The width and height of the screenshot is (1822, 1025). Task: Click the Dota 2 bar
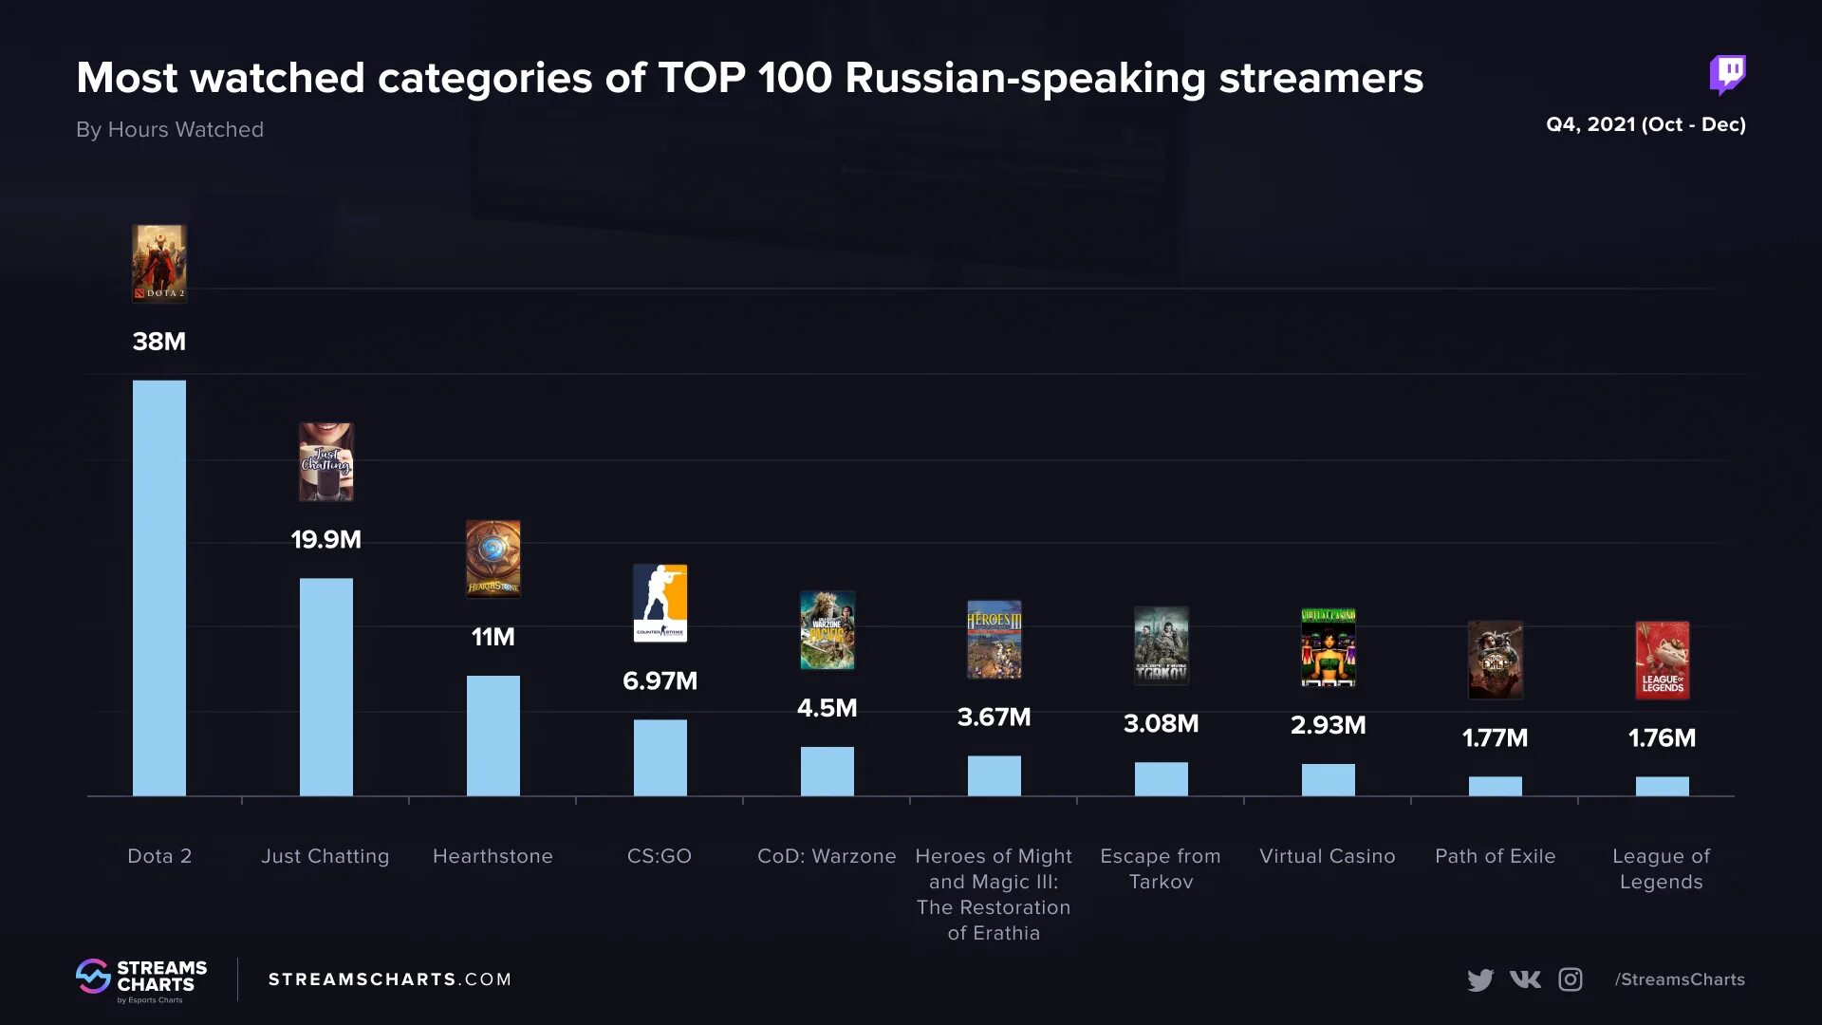click(159, 588)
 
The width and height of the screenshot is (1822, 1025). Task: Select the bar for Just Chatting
click(325, 687)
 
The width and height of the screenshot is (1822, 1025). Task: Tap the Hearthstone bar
click(493, 736)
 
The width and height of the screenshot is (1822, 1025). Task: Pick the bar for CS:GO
click(660, 757)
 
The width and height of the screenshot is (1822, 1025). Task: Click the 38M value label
click(159, 342)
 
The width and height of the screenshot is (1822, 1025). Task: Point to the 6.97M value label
click(660, 680)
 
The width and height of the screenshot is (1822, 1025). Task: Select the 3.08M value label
click(1161, 723)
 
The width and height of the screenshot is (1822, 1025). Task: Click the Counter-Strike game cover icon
click(660, 604)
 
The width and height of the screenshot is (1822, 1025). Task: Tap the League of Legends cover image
click(1662, 661)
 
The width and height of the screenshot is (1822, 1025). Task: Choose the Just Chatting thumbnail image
click(325, 462)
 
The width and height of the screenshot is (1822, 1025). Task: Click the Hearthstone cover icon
click(493, 559)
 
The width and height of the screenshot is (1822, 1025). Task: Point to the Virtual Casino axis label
click(1327, 856)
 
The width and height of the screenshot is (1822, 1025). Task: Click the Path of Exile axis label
click(1495, 856)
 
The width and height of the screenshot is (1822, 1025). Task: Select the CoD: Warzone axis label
click(827, 856)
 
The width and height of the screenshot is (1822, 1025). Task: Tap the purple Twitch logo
click(1727, 74)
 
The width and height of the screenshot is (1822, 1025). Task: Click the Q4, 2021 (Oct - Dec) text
click(1645, 124)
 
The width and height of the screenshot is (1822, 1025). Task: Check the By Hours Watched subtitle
click(170, 129)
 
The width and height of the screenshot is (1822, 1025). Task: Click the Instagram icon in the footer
click(1571, 979)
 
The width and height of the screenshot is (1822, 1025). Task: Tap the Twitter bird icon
click(1479, 979)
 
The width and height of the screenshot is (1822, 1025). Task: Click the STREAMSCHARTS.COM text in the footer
click(389, 979)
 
